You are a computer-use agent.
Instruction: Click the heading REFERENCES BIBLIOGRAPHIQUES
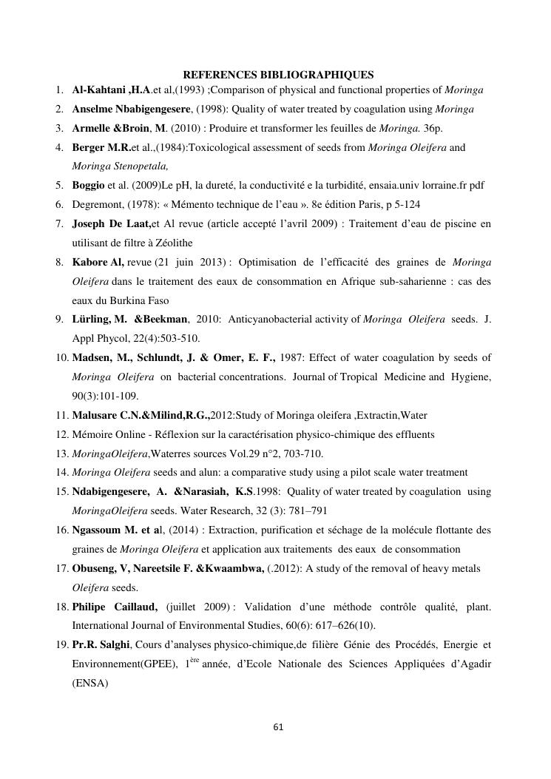[278, 75]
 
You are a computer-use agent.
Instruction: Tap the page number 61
[279, 727]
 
